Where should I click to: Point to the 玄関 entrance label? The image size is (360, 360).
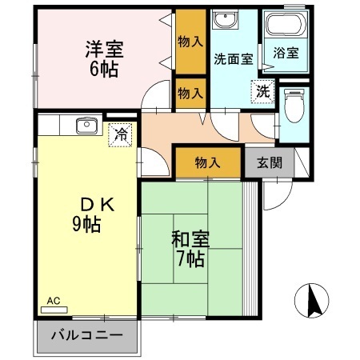coord(269,162)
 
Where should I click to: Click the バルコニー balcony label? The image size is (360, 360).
coord(88,335)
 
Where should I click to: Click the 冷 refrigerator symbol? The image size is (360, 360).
coord(120,134)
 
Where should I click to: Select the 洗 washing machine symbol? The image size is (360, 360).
coord(262,91)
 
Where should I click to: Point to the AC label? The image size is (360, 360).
coord(53,301)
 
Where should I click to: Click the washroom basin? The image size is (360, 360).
coord(224,19)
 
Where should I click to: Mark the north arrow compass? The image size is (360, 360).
coord(313,302)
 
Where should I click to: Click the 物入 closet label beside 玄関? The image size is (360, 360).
coord(208,162)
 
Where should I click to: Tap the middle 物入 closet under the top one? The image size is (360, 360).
coord(190,94)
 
